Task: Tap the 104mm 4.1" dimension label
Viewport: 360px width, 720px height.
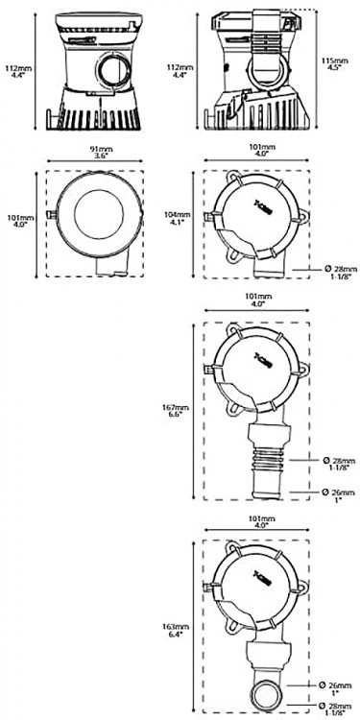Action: (173, 220)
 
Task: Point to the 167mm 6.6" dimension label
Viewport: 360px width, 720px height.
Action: (173, 411)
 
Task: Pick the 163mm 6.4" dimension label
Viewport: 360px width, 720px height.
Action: (173, 629)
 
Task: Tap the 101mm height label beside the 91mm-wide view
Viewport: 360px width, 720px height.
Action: (14, 223)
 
